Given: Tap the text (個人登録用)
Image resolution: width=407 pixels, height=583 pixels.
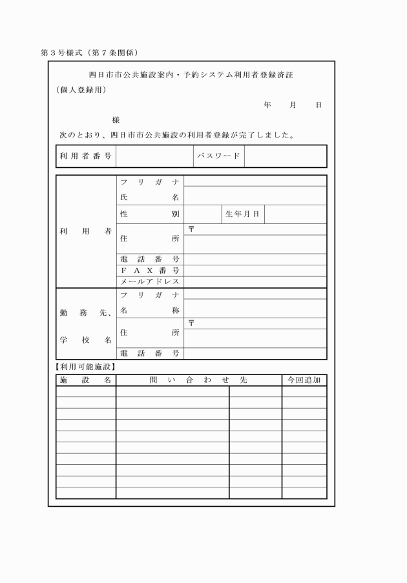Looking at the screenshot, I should tap(81, 90).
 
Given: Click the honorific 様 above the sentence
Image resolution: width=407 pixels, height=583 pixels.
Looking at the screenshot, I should tap(116, 120).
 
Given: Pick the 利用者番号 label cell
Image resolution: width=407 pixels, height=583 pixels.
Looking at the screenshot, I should tap(86, 156).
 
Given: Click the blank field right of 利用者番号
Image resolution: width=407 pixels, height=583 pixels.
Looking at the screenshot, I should tap(154, 156).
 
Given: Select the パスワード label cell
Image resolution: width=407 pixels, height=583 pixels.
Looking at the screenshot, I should tap(218, 156).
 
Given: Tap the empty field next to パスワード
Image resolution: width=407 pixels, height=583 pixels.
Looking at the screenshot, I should tap(285, 156).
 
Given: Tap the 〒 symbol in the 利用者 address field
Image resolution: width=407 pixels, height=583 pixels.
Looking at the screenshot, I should tap(191, 229).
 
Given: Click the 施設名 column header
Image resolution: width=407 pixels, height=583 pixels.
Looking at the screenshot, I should tap(86, 380).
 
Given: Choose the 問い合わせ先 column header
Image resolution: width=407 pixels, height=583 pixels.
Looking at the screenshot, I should tap(198, 380).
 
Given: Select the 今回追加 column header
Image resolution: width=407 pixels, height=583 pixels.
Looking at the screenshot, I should tap(304, 380).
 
